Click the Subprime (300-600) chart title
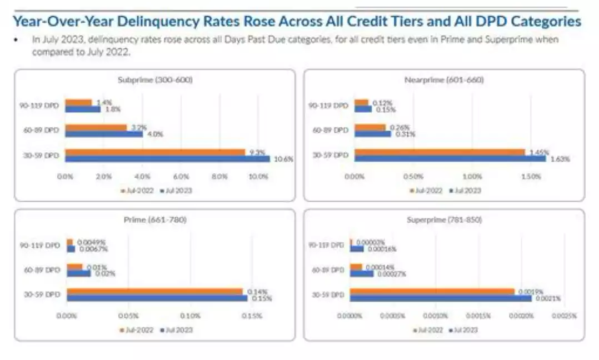point(155,79)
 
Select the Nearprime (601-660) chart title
point(444,79)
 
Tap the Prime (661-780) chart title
point(155,219)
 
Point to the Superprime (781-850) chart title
point(444,219)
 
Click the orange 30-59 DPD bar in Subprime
point(155,152)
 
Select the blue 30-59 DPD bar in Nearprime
point(450,159)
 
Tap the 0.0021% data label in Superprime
point(548,298)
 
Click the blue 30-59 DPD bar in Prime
point(157,298)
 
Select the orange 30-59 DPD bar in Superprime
point(432,291)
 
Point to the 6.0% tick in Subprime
point(181,177)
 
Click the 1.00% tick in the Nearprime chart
point(472,177)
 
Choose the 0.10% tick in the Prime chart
point(190,316)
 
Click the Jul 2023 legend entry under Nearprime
point(465,191)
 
